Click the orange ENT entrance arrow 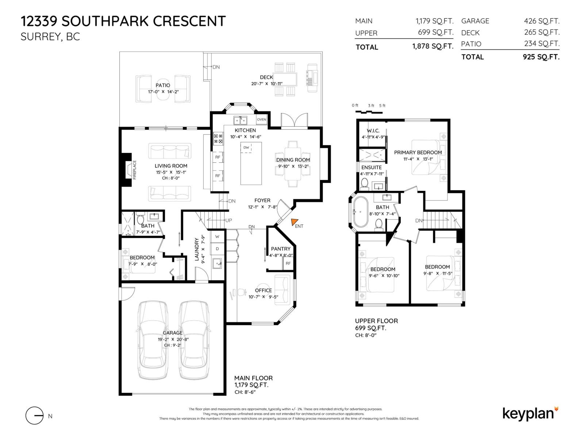295,222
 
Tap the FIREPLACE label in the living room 134,170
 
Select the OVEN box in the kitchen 262,119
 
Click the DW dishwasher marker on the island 246,147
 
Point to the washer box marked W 217,237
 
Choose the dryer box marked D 217,249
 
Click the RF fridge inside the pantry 288,263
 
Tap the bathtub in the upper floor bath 361,212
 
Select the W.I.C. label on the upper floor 373,131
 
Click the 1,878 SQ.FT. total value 433,46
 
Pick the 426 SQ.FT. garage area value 541,21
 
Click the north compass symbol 35,416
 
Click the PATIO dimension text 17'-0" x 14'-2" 163,92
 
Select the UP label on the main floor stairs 228,220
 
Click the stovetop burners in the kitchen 218,138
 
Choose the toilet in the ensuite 364,184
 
